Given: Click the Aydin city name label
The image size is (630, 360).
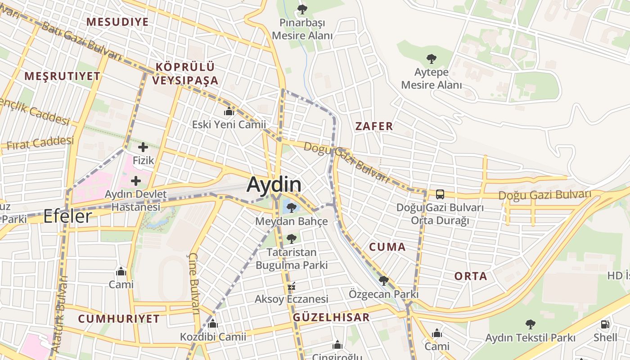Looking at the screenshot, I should [x=274, y=184].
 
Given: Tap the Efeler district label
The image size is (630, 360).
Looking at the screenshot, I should [x=67, y=217].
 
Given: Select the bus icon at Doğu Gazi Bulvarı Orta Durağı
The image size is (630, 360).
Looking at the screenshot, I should [x=440, y=194].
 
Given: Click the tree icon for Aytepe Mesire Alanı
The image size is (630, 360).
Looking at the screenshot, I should [x=432, y=58].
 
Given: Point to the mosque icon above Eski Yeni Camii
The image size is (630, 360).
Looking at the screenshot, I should [x=229, y=111].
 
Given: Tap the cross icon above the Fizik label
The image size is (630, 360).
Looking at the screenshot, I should [x=143, y=147].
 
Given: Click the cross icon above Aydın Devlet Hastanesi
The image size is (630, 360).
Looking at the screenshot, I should [x=135, y=181].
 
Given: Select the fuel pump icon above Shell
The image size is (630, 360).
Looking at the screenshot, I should [x=605, y=324].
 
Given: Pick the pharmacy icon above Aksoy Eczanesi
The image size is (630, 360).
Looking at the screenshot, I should [x=292, y=286].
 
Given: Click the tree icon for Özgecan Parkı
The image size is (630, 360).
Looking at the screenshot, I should [x=384, y=281].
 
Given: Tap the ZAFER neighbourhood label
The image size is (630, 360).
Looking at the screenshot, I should [x=374, y=126].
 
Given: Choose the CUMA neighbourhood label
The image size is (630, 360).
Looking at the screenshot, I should [x=387, y=247].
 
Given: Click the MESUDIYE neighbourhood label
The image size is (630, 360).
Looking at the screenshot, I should [x=117, y=22].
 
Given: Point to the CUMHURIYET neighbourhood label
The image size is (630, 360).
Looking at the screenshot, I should [x=119, y=319].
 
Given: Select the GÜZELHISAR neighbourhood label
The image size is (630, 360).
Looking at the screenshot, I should [x=331, y=317].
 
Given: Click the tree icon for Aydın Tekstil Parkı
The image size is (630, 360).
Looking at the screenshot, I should [x=531, y=324].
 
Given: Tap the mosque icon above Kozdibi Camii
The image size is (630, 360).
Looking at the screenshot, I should [x=213, y=324].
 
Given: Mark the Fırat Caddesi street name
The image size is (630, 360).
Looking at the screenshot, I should [x=40, y=144].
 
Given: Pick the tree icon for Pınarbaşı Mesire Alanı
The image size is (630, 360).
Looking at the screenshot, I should [x=302, y=9].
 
